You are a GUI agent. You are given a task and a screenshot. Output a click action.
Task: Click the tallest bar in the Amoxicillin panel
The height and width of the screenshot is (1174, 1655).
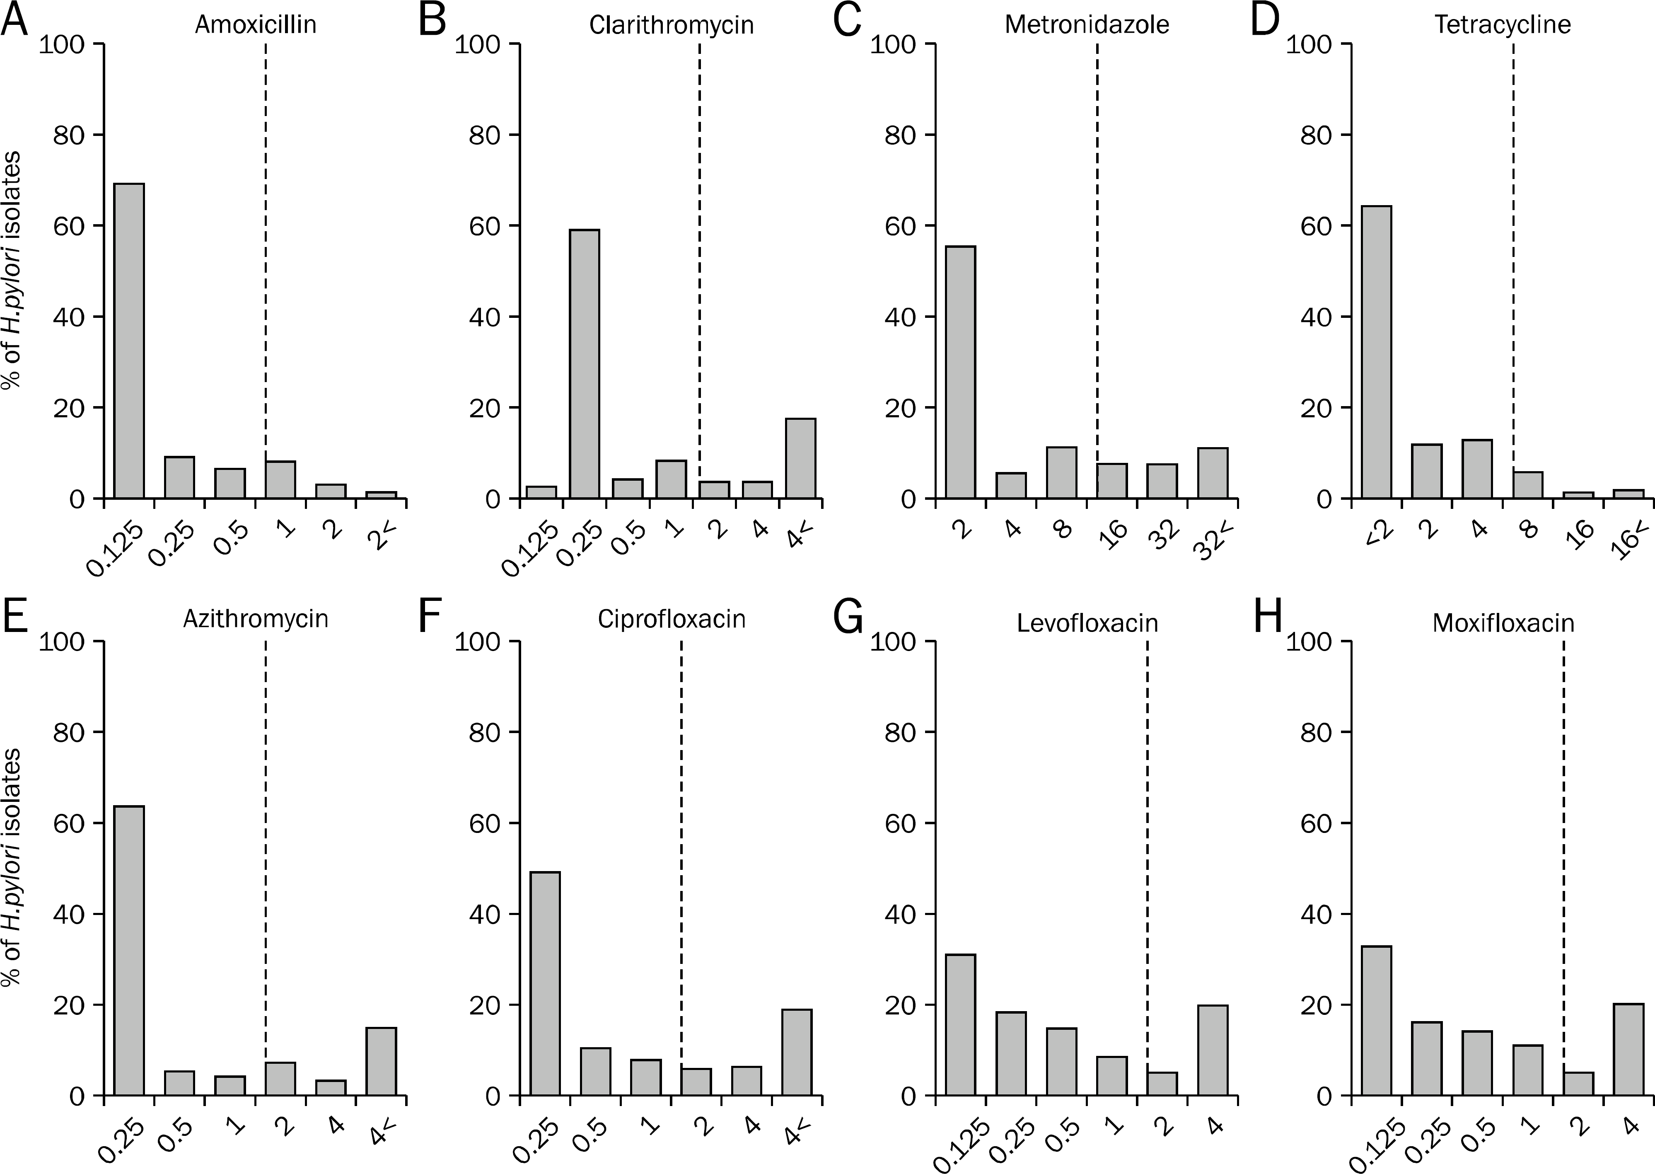[x=129, y=341]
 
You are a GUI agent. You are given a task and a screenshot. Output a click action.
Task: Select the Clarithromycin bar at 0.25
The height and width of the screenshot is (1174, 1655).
[x=584, y=363]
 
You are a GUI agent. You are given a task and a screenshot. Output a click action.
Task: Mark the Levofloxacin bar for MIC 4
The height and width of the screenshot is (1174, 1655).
[x=1212, y=1051]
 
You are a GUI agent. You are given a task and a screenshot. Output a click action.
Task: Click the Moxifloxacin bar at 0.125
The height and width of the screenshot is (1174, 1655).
[x=1376, y=1021]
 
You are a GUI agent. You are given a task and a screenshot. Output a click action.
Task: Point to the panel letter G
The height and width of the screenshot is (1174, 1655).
[x=848, y=617]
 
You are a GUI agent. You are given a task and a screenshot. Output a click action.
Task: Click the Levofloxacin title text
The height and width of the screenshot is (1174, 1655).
[x=1087, y=623]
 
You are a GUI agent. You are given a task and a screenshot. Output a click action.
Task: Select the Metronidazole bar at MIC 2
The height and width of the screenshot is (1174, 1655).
[x=960, y=372]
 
